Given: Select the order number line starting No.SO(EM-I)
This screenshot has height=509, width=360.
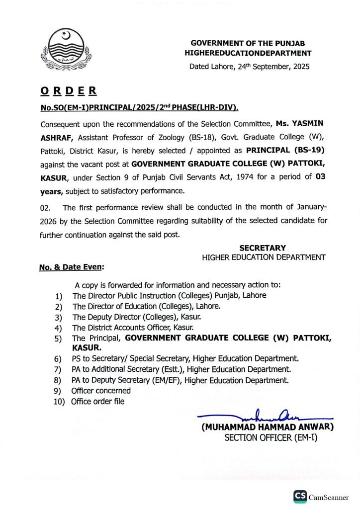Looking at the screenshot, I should (x=139, y=107).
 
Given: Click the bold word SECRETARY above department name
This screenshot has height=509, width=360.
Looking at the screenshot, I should (x=263, y=248).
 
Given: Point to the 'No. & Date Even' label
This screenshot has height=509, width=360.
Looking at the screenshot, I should (x=72, y=267).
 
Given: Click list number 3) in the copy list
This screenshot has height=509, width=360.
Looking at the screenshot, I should (x=58, y=317).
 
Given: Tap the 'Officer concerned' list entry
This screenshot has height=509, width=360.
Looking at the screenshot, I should (x=101, y=391).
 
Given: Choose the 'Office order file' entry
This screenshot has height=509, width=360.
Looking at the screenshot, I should (x=98, y=401).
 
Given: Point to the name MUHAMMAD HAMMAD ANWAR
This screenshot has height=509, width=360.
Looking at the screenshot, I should (x=268, y=427).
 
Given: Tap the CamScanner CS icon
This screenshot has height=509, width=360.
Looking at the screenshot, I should (x=300, y=496).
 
